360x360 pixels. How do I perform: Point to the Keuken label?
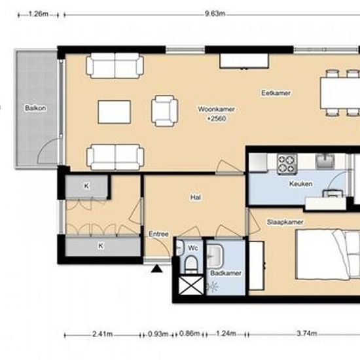pyautogui.click(x=300, y=184)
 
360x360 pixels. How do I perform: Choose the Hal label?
pyautogui.click(x=195, y=196)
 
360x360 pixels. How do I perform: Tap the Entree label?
pyautogui.click(x=158, y=234)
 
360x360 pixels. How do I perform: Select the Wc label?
pyautogui.click(x=192, y=248)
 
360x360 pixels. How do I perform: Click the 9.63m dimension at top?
pyautogui.click(x=211, y=14)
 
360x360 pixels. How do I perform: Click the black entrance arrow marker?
pyautogui.click(x=156, y=268)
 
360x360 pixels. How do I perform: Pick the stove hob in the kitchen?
pyautogui.click(x=286, y=162)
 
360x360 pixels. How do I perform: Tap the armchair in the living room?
pyautogui.click(x=164, y=109)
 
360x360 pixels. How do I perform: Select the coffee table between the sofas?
pyautogui.click(x=114, y=111)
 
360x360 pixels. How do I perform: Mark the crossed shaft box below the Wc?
pyautogui.click(x=190, y=286)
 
